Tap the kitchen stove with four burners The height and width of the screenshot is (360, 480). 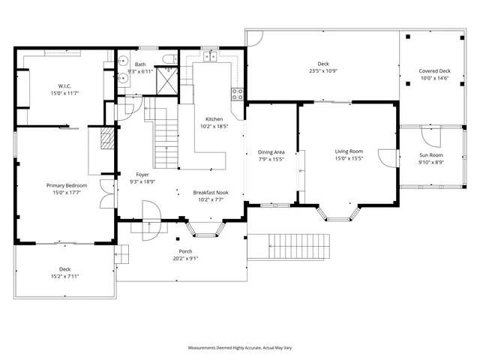click(238, 94)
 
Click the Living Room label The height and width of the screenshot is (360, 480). click(349, 151)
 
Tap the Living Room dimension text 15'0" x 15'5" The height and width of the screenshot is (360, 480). click(349, 159)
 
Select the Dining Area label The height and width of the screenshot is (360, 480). click(271, 151)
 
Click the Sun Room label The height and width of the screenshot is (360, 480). click(431, 154)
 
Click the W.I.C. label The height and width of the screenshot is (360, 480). click(64, 85)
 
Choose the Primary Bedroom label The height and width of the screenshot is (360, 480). click(66, 185)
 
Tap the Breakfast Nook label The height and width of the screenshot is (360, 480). click(211, 192)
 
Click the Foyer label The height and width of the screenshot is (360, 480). click(142, 174)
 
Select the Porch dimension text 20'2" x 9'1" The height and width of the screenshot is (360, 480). click(185, 259)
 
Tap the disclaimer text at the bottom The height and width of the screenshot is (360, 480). click(240, 348)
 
